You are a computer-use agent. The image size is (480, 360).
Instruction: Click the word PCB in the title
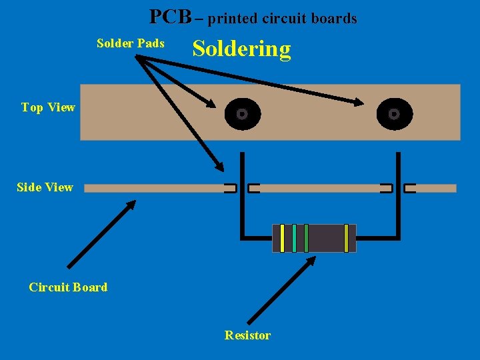click(170, 17)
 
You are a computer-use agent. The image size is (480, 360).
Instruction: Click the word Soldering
click(241, 49)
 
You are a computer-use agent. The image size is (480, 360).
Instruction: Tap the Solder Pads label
click(131, 43)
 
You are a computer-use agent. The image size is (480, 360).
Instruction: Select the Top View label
click(48, 107)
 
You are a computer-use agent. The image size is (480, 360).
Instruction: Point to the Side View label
click(45, 187)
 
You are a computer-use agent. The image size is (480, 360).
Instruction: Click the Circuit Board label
click(68, 287)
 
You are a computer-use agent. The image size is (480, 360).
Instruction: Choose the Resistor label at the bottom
click(247, 335)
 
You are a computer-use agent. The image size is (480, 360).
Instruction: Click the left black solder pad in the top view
click(242, 114)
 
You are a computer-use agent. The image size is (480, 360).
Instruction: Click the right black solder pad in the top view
click(394, 114)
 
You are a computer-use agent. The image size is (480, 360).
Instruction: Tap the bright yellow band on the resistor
click(283, 238)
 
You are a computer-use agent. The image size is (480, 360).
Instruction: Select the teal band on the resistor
click(294, 238)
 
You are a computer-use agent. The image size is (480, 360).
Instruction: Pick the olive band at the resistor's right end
click(346, 238)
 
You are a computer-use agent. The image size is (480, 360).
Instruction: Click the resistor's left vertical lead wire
click(243, 200)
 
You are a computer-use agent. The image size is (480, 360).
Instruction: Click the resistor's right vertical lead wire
click(398, 200)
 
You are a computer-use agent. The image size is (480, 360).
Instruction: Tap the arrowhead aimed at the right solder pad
click(358, 102)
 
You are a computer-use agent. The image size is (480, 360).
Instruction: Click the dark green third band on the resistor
click(306, 238)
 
